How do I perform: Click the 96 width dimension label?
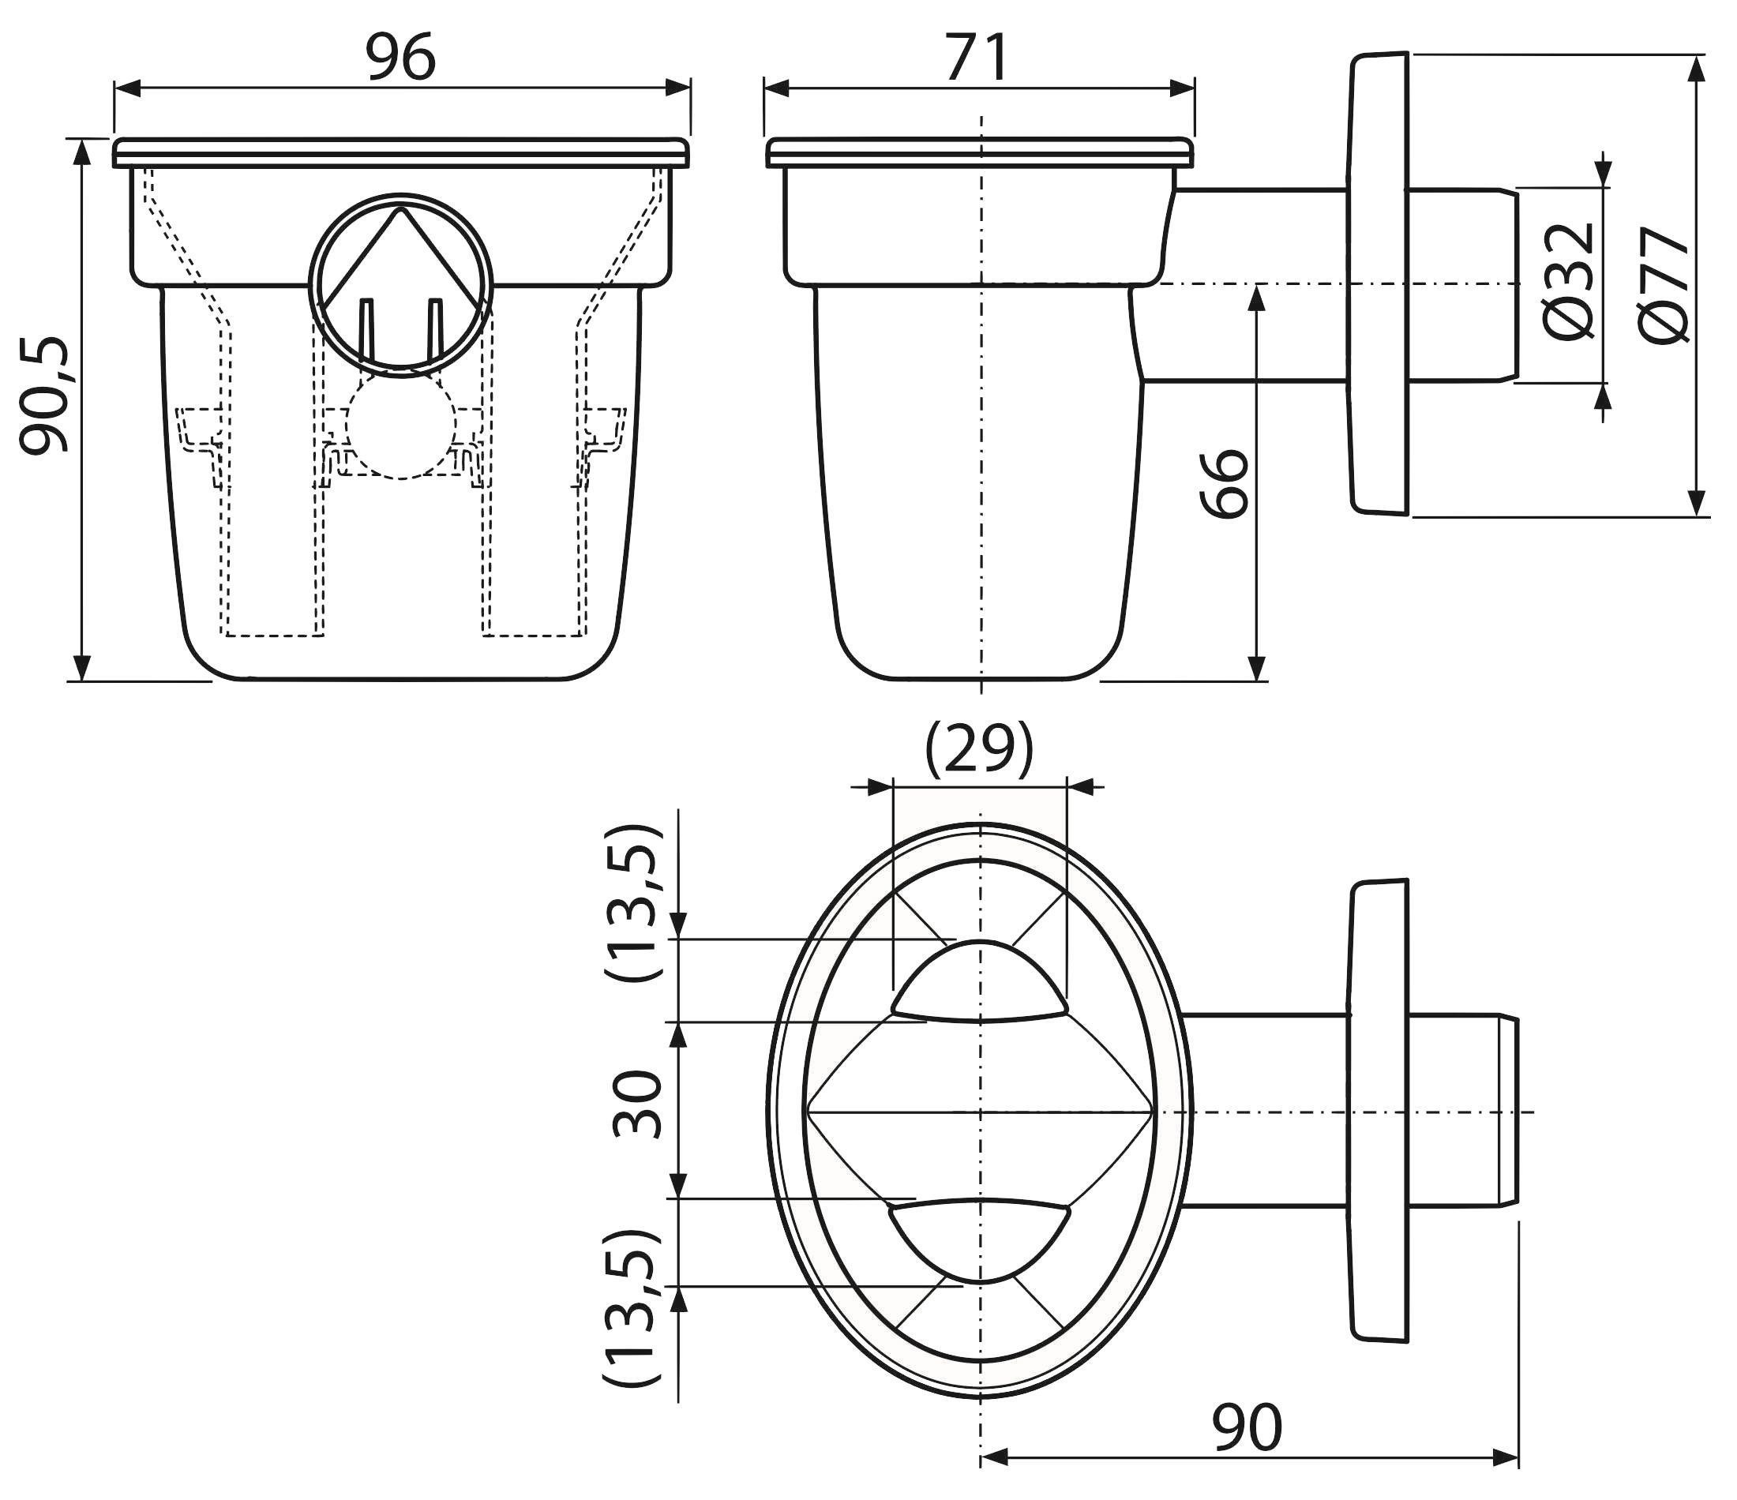401,57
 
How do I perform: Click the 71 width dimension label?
977,57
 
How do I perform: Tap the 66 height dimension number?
1224,484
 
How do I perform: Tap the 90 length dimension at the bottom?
1247,1427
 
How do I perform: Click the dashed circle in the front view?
401,426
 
